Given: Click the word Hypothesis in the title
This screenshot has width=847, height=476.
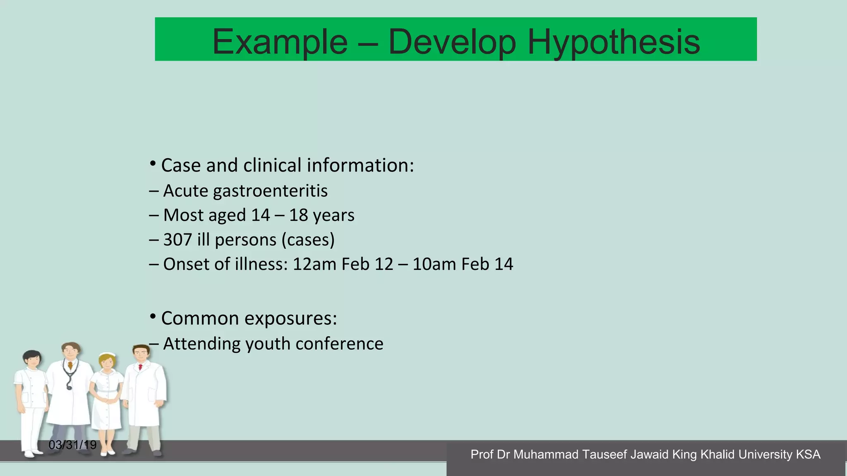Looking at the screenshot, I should [614, 42].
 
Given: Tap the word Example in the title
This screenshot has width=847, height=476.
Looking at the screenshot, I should [280, 42].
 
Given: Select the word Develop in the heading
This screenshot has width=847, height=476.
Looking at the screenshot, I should [452, 42].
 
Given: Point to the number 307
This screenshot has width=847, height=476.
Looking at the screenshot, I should [177, 240].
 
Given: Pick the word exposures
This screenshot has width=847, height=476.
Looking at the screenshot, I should [291, 318].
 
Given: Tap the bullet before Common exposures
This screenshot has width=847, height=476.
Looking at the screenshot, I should [153, 317].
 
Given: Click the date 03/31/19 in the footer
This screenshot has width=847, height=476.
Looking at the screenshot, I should [72, 445].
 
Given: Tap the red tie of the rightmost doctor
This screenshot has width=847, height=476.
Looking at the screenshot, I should [140, 367].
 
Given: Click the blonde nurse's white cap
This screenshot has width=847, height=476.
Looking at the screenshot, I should [108, 355].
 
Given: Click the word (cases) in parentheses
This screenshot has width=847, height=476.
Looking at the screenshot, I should [308, 240].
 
